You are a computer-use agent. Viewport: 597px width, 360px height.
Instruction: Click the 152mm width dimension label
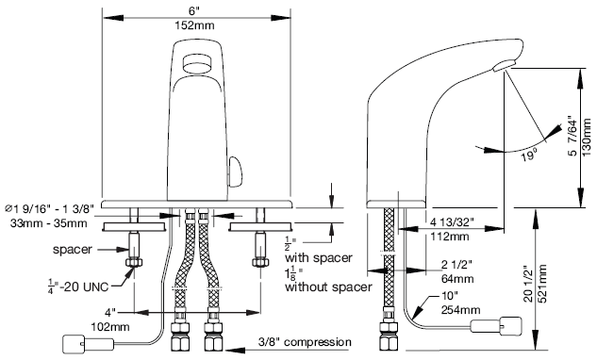click(x=194, y=25)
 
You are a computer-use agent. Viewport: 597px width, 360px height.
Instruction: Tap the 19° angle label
click(x=529, y=155)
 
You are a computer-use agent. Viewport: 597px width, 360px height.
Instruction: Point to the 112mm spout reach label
click(x=450, y=237)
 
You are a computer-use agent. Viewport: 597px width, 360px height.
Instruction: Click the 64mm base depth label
click(x=457, y=279)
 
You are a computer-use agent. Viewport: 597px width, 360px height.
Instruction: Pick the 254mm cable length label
click(x=460, y=310)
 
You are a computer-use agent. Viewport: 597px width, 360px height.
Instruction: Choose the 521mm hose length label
click(x=543, y=284)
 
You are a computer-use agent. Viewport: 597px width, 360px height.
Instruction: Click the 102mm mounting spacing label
click(x=110, y=326)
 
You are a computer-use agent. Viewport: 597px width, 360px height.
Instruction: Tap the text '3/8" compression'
click(x=305, y=342)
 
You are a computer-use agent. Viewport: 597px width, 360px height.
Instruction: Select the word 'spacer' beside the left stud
click(x=73, y=250)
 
